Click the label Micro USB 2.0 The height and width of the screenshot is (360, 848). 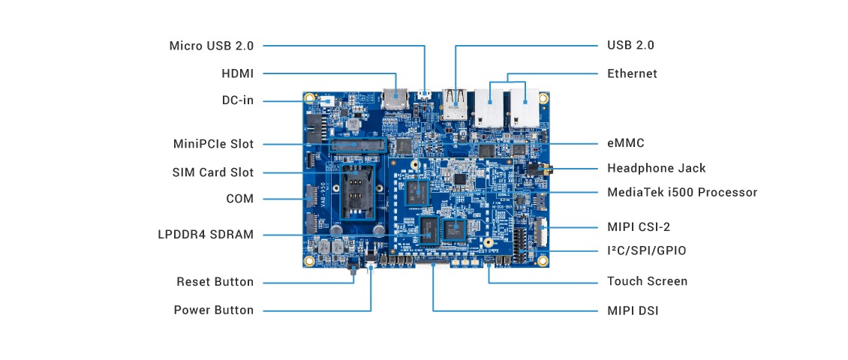[211, 46]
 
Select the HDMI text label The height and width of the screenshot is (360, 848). [237, 73]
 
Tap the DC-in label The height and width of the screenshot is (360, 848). [237, 100]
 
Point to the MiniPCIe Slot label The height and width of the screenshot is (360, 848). [213, 144]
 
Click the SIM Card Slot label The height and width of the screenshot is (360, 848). [212, 172]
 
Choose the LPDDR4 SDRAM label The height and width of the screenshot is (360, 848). [206, 235]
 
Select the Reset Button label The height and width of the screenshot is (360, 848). [215, 282]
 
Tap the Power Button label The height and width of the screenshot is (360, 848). [213, 310]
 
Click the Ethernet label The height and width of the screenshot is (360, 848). [632, 73]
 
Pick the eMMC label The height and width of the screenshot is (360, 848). [626, 142]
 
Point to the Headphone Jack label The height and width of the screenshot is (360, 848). [656, 168]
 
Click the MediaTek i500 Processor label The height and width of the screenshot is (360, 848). [682, 192]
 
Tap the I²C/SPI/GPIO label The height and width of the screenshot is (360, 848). [646, 250]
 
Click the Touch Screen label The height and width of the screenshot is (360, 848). [647, 281]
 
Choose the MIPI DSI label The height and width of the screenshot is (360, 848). [633, 310]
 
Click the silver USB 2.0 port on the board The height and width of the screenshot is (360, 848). [455, 103]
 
